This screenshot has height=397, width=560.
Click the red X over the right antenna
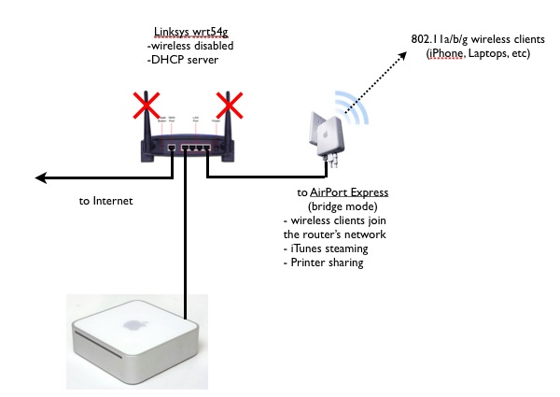coord(230,105)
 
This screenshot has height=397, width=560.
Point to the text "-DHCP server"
coord(182,60)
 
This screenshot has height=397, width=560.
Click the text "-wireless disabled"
coord(190,47)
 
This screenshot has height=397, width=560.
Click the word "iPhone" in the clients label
coord(449,55)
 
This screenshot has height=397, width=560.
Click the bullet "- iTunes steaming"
coord(326,250)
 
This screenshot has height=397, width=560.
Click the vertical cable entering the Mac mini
coord(186,243)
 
